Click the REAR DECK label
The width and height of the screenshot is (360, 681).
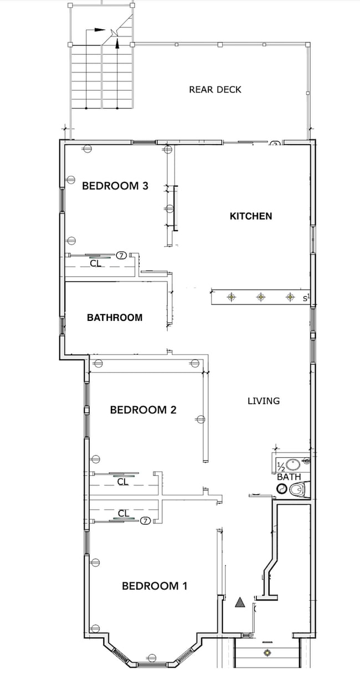click(215, 89)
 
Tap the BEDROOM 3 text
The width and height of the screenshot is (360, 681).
click(115, 186)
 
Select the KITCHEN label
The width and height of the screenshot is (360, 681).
click(251, 216)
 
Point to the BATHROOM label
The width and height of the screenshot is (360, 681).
click(115, 318)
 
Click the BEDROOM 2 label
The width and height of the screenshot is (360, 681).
click(143, 410)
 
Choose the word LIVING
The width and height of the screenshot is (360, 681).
click(264, 401)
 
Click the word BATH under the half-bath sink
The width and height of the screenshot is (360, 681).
click(289, 477)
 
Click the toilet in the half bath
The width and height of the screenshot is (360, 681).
click(298, 489)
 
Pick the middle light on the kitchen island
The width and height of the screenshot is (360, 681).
click(260, 298)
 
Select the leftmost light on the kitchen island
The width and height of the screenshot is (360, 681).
click(232, 298)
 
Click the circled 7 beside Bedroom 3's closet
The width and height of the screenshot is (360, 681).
click(122, 255)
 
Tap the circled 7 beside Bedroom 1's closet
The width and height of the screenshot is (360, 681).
click(145, 520)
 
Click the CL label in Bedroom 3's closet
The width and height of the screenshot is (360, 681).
click(96, 264)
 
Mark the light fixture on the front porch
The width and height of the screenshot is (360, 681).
click(268, 652)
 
